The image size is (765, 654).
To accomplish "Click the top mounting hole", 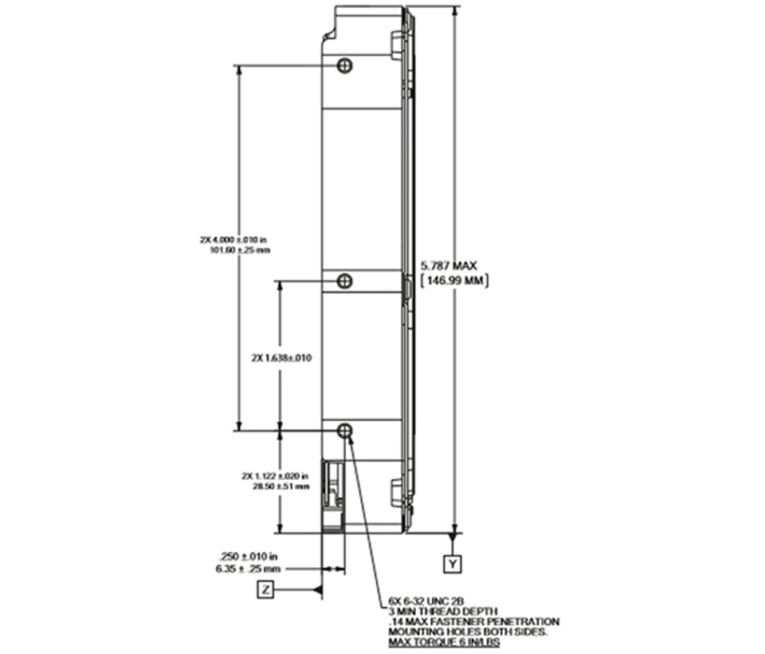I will (344, 65).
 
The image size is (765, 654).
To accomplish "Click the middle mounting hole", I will (344, 281).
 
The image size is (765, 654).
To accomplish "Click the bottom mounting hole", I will (344, 431).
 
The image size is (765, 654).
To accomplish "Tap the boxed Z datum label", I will (265, 590).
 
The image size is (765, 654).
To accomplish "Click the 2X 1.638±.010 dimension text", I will (281, 358).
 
